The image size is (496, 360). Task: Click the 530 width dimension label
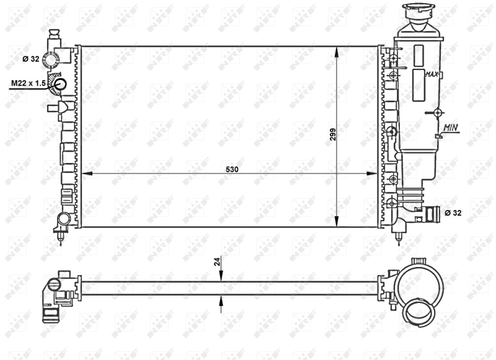click(232, 169)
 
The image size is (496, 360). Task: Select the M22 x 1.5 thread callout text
click(27, 83)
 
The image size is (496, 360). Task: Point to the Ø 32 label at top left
click(31, 59)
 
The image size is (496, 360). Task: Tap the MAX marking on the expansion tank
click(432, 74)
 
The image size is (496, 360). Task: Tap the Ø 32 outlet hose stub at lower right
click(432, 214)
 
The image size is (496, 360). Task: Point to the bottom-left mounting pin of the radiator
click(60, 238)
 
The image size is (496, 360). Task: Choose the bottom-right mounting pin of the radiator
click(401, 235)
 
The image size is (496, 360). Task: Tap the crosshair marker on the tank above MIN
click(438, 113)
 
